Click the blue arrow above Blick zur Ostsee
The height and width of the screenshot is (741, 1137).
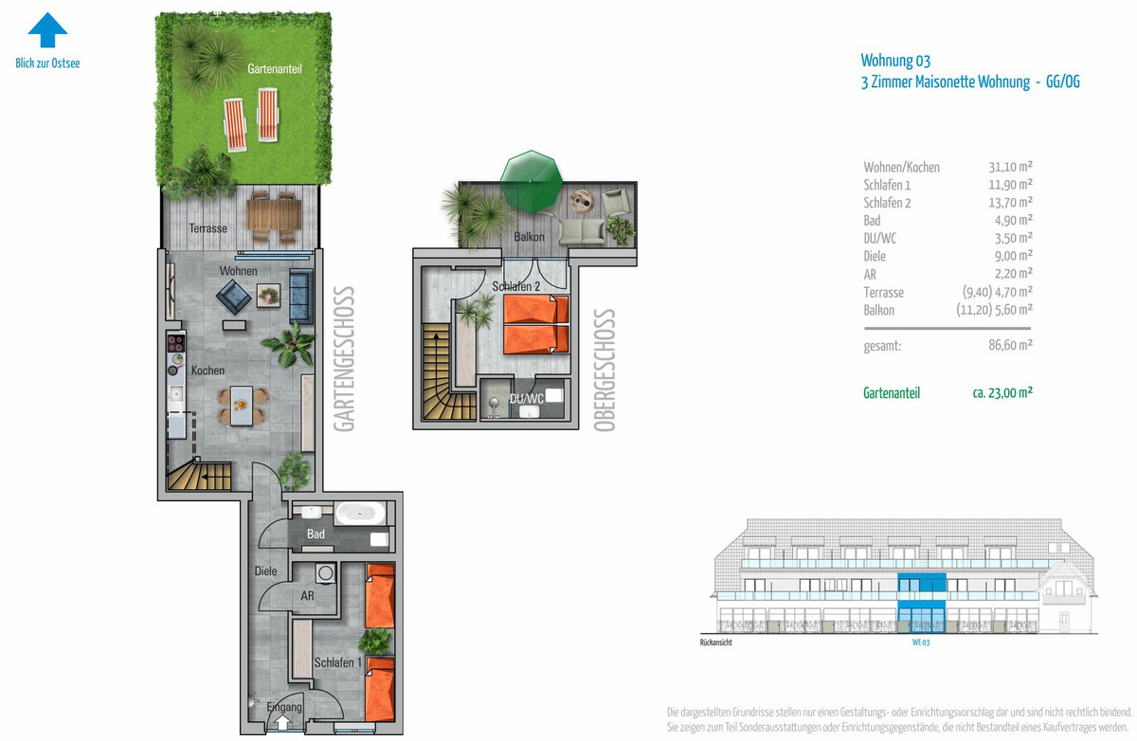click(47, 29)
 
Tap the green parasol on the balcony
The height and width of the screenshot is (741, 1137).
click(531, 181)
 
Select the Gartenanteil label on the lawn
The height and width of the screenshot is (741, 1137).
click(275, 68)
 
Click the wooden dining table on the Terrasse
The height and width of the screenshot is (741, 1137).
click(274, 215)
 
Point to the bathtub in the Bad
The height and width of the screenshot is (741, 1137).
click(360, 513)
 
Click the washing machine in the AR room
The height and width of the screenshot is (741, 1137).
click(325, 573)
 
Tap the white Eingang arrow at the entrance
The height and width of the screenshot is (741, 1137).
click(282, 722)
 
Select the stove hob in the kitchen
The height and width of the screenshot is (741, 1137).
click(176, 343)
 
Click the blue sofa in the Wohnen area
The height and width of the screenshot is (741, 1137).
click(300, 296)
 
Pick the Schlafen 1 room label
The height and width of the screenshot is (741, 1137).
click(337, 662)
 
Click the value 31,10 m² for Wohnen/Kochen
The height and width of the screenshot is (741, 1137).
click(1010, 167)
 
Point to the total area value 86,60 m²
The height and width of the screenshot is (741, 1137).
click(1010, 345)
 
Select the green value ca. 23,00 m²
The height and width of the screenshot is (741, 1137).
click(1002, 393)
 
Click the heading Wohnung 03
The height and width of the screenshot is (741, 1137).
click(895, 61)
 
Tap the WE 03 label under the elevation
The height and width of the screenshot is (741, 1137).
click(921, 642)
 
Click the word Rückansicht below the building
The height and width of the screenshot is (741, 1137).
click(715, 642)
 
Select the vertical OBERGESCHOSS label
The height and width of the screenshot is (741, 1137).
click(605, 370)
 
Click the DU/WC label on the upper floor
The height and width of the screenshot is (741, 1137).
click(527, 399)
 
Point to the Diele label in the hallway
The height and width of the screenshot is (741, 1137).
click(265, 571)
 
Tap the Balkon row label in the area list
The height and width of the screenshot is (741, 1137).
click(878, 310)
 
